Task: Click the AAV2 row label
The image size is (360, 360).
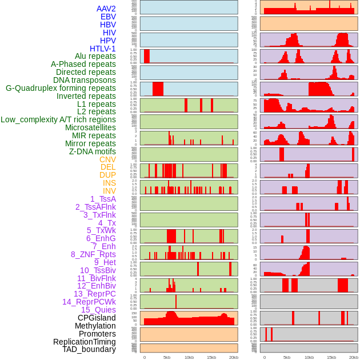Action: [106, 9]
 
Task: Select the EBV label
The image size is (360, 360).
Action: [108, 17]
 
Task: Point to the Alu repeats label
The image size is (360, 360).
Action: [95, 56]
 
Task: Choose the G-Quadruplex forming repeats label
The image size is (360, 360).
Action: [61, 88]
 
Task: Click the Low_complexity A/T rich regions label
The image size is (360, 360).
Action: [58, 119]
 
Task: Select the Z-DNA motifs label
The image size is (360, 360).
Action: [92, 151]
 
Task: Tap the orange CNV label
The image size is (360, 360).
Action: [107, 159]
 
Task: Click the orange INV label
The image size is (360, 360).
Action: [109, 191]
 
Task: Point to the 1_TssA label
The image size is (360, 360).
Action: [103, 199]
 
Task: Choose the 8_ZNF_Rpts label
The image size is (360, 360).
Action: [93, 254]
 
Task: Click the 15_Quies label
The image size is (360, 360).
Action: [98, 310]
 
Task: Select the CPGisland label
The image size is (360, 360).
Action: [97, 318]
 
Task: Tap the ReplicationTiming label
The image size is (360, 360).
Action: [84, 342]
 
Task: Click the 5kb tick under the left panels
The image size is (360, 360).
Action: [167, 357]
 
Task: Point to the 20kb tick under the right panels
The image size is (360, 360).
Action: [354, 357]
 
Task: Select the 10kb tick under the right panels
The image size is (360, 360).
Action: [309, 357]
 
